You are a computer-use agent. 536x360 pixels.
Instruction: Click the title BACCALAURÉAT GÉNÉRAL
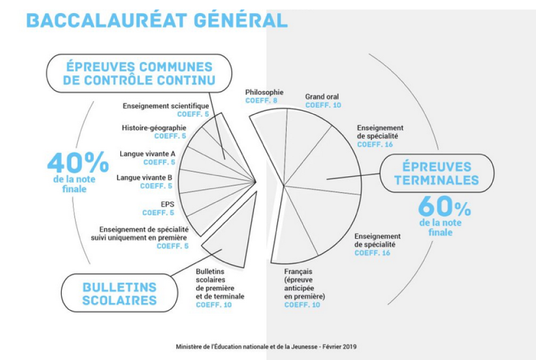[x=157, y=20]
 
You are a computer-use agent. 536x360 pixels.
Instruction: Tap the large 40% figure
[x=78, y=162]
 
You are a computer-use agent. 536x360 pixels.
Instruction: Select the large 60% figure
[x=444, y=206]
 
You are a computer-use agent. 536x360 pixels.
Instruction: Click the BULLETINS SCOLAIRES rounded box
[x=120, y=293]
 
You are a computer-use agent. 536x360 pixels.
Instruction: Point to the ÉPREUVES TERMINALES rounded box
[x=437, y=173]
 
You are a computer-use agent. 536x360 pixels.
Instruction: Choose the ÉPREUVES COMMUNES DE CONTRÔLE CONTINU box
[x=139, y=73]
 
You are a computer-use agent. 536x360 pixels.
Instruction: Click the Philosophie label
[x=264, y=92]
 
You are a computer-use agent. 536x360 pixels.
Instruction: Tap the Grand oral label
[x=322, y=97]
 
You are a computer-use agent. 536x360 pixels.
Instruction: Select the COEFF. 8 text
[x=261, y=101]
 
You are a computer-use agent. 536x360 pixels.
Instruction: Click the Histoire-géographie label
[x=154, y=128]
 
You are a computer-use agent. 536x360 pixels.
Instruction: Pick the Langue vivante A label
[x=148, y=154]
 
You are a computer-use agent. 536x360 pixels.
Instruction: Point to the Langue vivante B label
[x=144, y=178]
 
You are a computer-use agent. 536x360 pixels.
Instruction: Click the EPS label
[x=168, y=205]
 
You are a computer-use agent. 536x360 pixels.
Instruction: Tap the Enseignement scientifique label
[x=166, y=106]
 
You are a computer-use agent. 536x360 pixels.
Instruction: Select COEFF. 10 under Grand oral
[x=323, y=105]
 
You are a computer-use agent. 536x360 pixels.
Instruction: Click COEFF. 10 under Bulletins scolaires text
[x=214, y=305]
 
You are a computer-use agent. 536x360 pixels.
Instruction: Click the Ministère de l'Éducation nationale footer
[x=267, y=347]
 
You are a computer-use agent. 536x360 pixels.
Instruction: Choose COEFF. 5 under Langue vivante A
[x=159, y=162]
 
